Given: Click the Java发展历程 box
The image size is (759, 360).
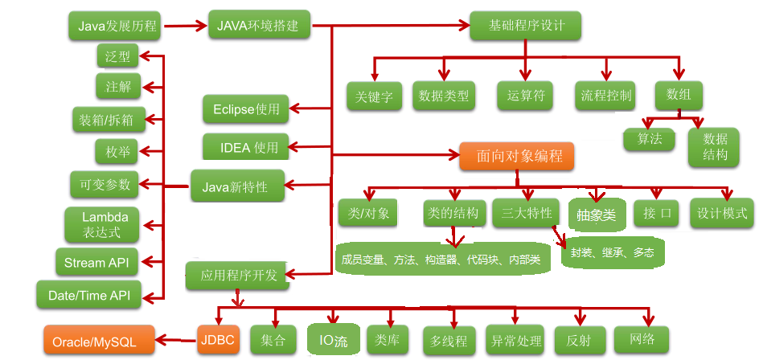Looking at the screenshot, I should (x=115, y=26).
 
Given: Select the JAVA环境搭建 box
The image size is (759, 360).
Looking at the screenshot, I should (x=257, y=26).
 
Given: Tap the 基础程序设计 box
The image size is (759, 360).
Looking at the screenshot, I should (x=526, y=26).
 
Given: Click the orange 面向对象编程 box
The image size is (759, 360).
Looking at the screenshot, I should (x=517, y=155).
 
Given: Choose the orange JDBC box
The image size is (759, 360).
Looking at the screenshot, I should (x=217, y=340).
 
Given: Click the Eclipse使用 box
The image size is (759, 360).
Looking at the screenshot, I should (x=245, y=109).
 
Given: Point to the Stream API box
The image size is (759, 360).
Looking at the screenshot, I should (x=96, y=263).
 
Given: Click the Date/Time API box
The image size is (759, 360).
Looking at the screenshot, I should (x=89, y=295).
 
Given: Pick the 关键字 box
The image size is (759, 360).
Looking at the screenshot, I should (x=375, y=97).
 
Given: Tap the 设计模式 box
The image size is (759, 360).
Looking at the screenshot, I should (x=722, y=214).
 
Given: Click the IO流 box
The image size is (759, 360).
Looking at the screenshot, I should (x=330, y=341).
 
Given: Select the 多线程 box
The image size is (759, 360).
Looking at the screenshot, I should (x=449, y=341).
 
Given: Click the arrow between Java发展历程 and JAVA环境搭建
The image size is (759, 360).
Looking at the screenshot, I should (x=184, y=27).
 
